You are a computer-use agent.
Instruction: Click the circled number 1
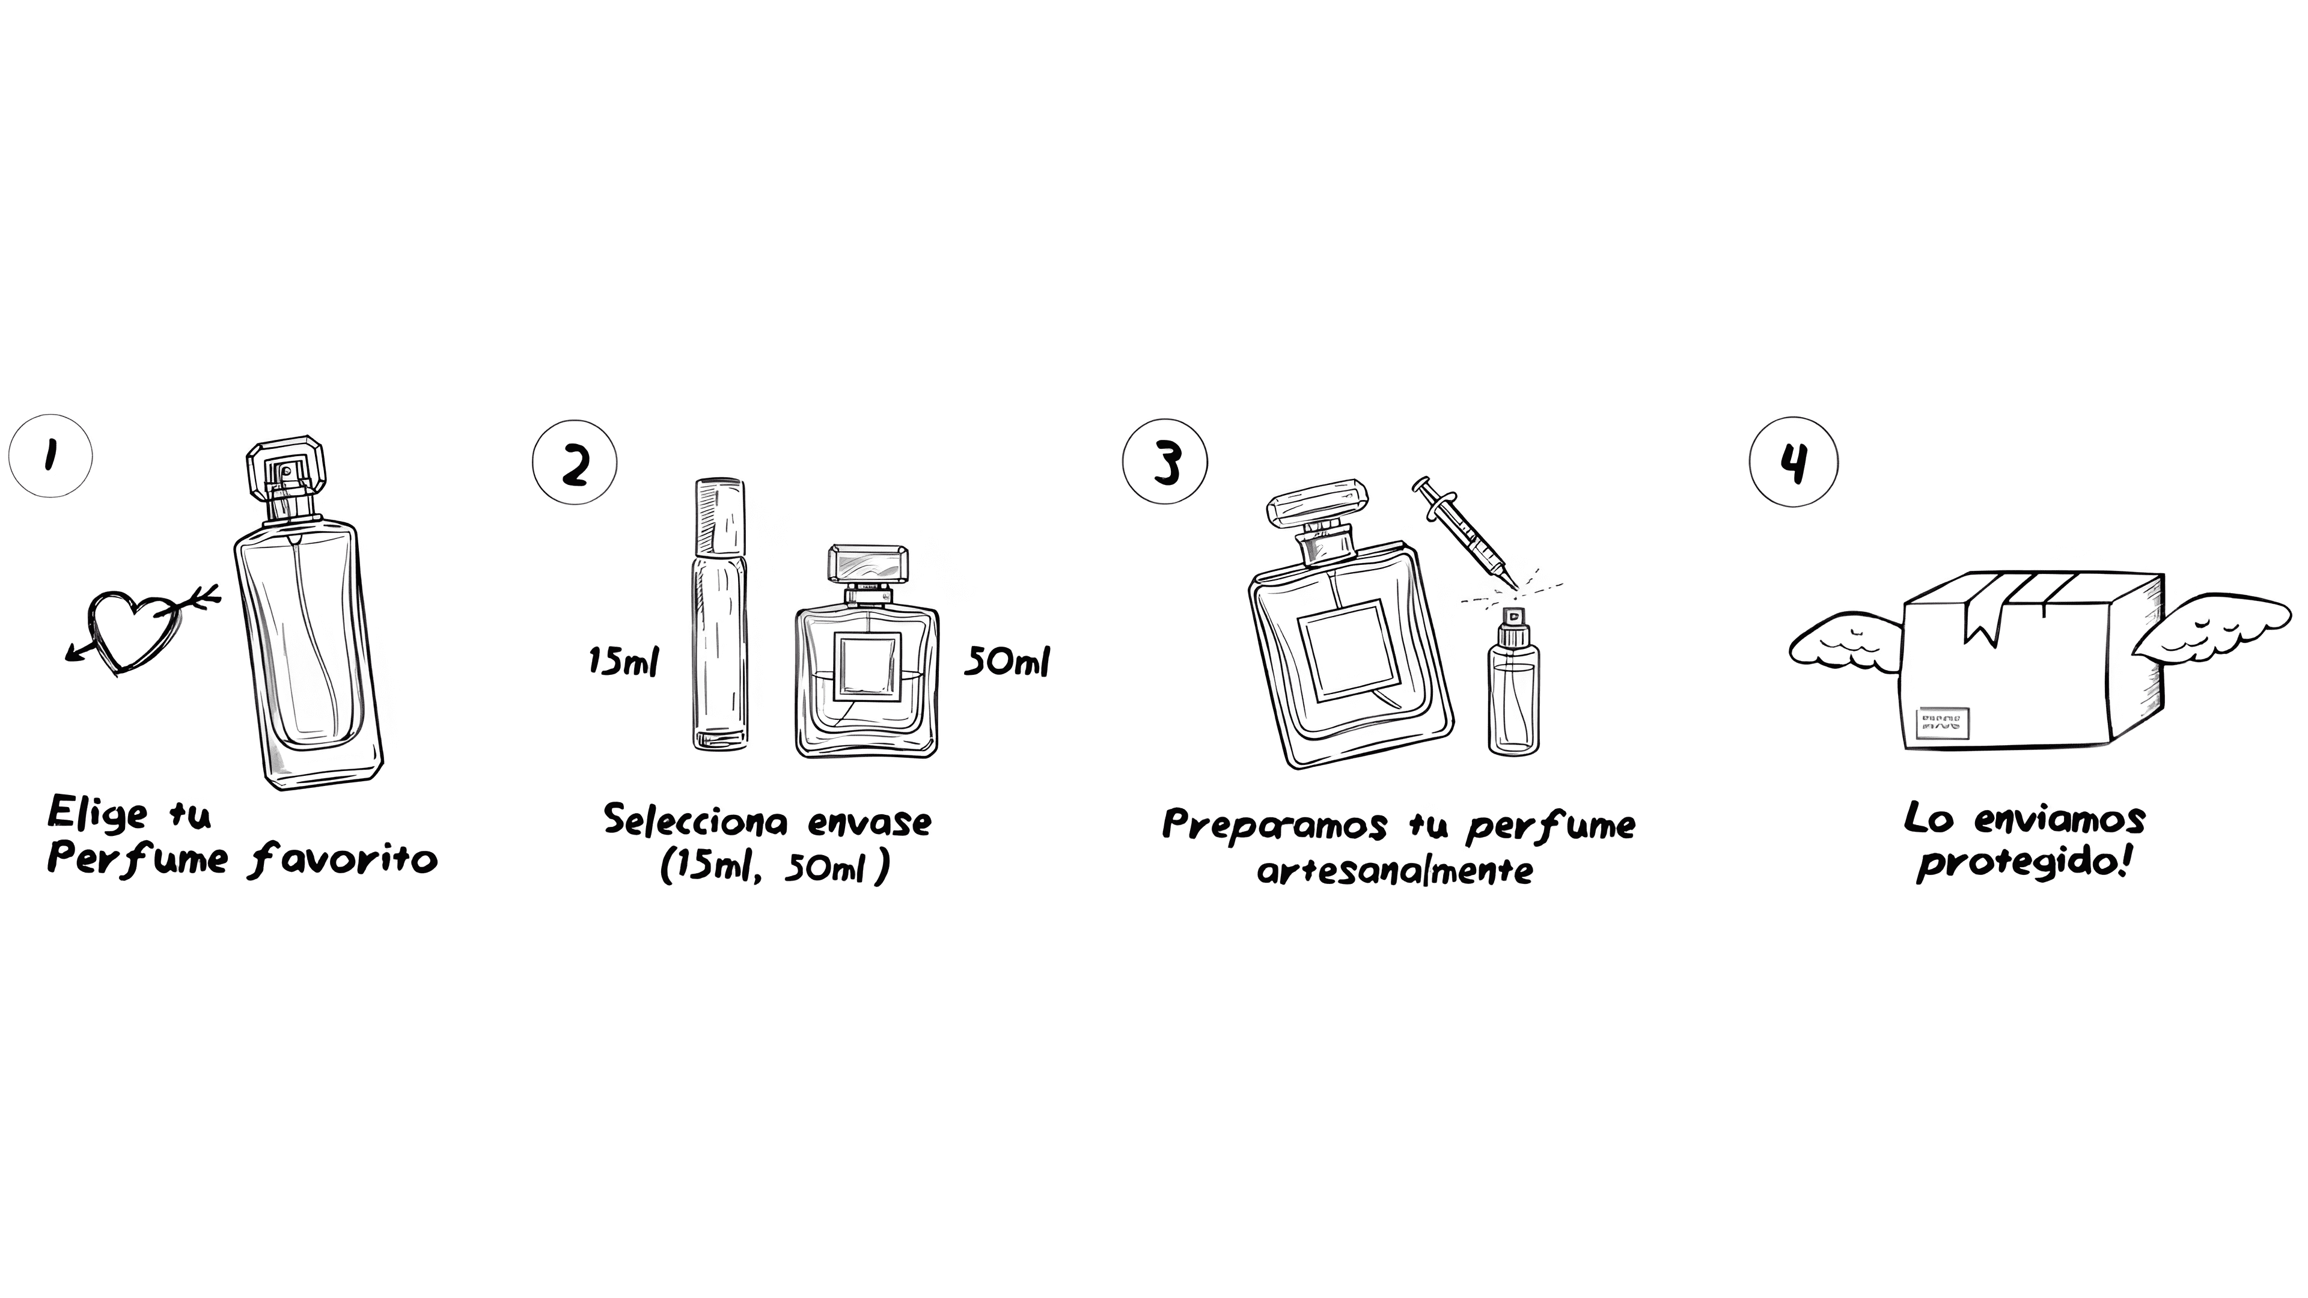[x=50, y=456]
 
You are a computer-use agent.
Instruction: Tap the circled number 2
[x=575, y=462]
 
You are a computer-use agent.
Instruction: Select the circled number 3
[x=1165, y=462]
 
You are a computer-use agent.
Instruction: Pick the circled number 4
[x=1794, y=462]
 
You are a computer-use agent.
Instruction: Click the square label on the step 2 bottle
[x=867, y=668]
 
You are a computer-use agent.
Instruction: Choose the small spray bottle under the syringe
[x=1513, y=681]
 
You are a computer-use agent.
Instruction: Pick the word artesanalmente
[x=1394, y=870]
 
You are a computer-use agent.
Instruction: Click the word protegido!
[x=2024, y=864]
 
